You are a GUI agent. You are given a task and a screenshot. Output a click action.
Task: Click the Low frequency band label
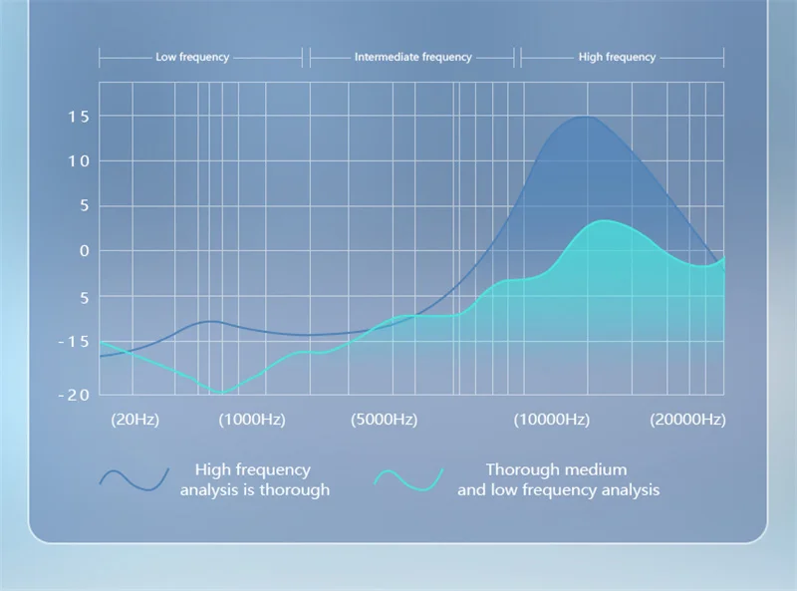192,57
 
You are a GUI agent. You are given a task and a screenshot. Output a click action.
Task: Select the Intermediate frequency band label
413,57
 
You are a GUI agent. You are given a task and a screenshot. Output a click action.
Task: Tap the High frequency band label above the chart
617,57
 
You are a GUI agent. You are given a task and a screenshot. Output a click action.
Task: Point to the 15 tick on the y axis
79,117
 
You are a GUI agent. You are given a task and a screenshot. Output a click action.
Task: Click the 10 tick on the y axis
79,161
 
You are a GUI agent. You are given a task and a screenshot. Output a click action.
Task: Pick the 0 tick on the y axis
85,251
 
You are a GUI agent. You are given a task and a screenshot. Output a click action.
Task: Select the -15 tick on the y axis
74,342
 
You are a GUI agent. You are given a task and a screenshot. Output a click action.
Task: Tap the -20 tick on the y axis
74,396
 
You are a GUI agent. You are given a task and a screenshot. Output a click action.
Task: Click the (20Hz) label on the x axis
135,420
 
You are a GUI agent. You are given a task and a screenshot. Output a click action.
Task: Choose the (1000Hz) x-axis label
252,420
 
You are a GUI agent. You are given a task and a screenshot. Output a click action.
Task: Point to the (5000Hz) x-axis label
385,420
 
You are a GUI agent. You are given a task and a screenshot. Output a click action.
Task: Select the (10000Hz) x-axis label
552,420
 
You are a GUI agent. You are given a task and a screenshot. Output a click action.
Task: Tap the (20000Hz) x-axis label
687,420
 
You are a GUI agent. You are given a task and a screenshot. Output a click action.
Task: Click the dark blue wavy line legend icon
134,479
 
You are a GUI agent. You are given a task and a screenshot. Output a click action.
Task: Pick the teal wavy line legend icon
408,479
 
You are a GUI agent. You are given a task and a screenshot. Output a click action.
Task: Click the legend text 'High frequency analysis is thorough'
255,479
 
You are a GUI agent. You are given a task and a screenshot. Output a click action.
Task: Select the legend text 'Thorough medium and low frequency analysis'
558,479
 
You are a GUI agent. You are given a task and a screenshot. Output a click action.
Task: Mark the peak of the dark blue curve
586,117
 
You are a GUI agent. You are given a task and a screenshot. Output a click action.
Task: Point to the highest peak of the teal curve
604,220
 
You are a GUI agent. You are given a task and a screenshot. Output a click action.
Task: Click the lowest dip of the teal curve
221,393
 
